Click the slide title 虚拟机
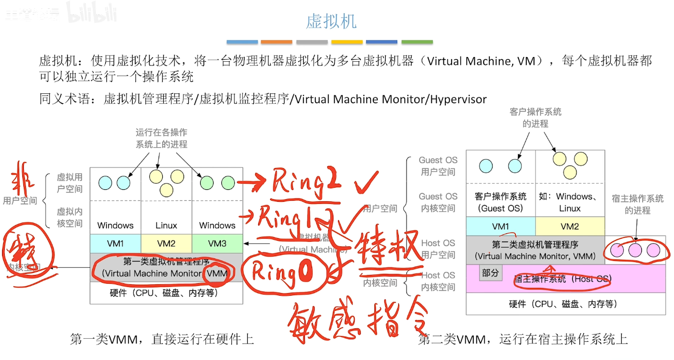pyautogui.click(x=331, y=22)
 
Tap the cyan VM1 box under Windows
pyautogui.click(x=116, y=243)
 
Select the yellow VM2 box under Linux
pyautogui.click(x=166, y=243)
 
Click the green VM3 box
pyautogui.click(x=217, y=243)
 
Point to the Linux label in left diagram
pyautogui.click(x=166, y=226)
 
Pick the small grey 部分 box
pyautogui.click(x=490, y=273)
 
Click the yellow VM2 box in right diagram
pyautogui.click(x=570, y=227)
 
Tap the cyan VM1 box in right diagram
pyautogui.click(x=500, y=227)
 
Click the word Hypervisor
pyautogui.click(x=458, y=99)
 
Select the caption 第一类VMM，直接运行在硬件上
pyautogui.click(x=162, y=339)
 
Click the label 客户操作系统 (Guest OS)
pyautogui.click(x=500, y=202)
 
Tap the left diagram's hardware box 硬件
pyautogui.click(x=166, y=293)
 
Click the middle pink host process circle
pyautogui.click(x=636, y=250)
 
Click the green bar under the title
pyautogui.click(x=417, y=42)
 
